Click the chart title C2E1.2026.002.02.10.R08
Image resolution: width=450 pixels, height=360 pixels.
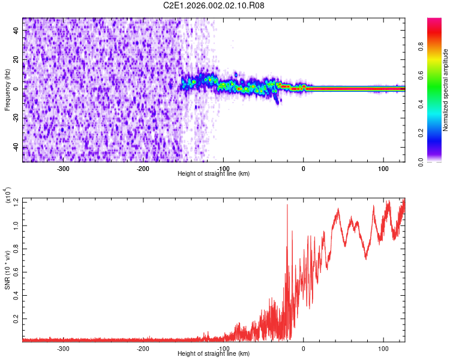coord(214,5)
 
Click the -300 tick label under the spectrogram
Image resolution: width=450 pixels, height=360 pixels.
coord(63,169)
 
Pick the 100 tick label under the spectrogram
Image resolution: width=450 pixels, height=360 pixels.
coord(383,169)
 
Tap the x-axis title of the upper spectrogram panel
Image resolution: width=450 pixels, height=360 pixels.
coord(214,174)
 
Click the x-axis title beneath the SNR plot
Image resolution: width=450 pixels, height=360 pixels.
coord(214,354)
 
